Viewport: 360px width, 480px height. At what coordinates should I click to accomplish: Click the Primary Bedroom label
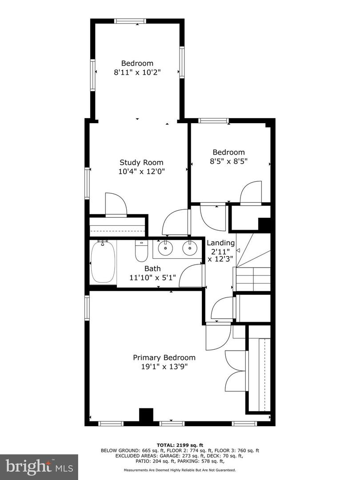pyautogui.click(x=164, y=357)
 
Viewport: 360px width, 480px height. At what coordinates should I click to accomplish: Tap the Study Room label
pyautogui.click(x=141, y=163)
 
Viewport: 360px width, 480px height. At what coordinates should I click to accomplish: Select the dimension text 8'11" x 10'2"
pyautogui.click(x=137, y=72)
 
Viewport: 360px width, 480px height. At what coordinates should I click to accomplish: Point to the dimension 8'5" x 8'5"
pyautogui.click(x=228, y=161)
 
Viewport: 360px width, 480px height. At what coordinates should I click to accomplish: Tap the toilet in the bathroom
pyautogui.click(x=141, y=252)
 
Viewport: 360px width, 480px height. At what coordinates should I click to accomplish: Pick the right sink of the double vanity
pyautogui.click(x=189, y=248)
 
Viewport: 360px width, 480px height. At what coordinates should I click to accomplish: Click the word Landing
pyautogui.click(x=221, y=243)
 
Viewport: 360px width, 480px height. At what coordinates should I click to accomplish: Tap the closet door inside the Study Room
pyautogui.click(x=116, y=205)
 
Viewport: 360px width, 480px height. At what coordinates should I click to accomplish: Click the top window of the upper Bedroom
pyautogui.click(x=130, y=21)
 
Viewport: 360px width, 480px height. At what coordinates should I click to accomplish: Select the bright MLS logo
pyautogui.click(x=39, y=467)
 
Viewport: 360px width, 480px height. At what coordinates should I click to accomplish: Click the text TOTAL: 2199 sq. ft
pyautogui.click(x=180, y=445)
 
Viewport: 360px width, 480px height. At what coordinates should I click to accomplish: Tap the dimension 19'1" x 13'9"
pyautogui.click(x=164, y=367)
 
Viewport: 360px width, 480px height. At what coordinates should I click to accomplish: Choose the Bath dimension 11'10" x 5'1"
pyautogui.click(x=152, y=277)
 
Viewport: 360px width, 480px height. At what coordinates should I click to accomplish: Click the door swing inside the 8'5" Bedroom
pyautogui.click(x=251, y=192)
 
